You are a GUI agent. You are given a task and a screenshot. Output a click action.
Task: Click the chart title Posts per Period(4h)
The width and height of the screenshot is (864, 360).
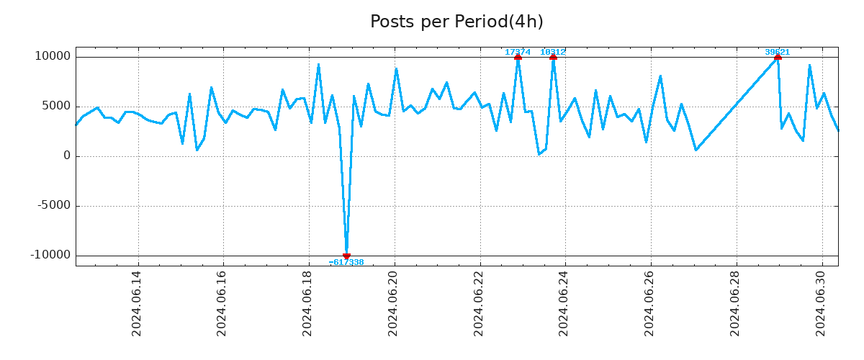coord(456,22)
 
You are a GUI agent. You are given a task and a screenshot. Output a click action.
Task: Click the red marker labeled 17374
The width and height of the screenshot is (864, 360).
coord(518,57)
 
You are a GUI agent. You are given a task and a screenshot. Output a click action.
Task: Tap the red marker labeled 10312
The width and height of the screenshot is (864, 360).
coord(553,57)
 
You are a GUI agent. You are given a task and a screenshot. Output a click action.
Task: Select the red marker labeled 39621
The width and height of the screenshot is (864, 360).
coord(778,57)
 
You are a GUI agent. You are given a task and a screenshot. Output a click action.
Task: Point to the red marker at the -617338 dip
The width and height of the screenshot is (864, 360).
coord(346,256)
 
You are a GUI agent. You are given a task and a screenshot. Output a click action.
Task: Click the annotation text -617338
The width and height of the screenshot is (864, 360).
coord(346,263)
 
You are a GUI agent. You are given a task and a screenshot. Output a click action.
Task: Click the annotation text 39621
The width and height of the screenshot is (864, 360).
coord(778,52)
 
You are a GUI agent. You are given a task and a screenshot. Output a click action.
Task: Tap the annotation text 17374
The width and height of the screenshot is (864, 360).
coord(518,52)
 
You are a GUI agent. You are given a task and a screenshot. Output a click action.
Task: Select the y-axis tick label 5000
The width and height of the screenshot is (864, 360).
coord(55,106)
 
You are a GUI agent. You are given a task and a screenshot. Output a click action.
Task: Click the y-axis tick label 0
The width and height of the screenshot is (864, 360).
coord(67,156)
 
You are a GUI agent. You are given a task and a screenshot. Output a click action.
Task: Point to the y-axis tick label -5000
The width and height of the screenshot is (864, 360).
coord(53,205)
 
